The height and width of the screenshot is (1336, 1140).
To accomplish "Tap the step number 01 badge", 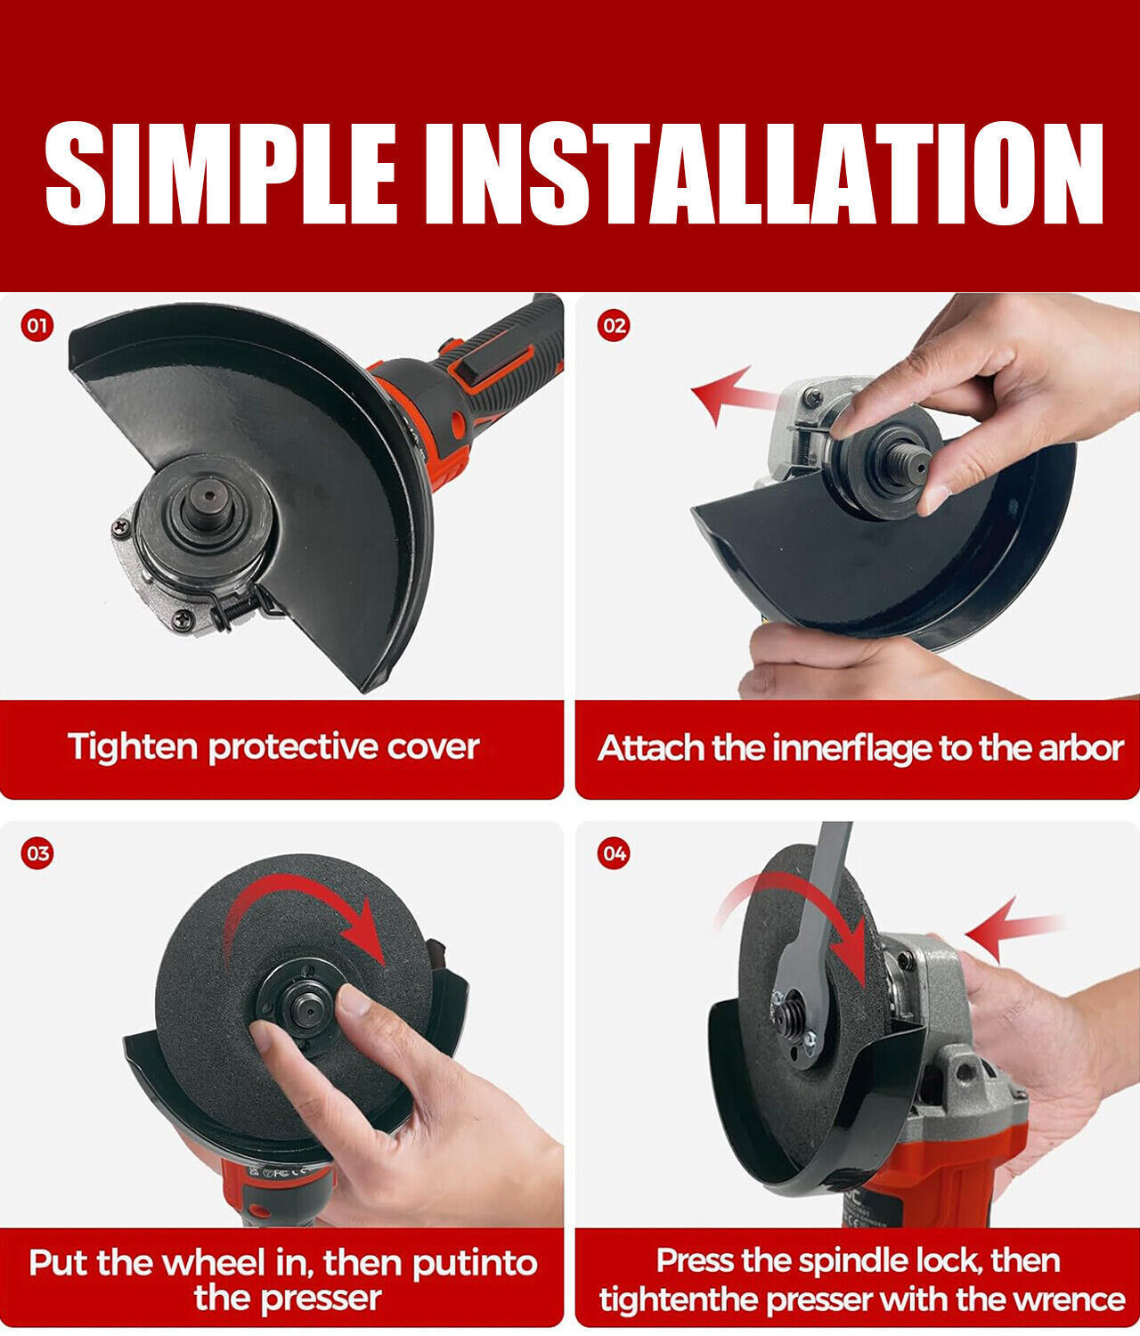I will click(37, 326).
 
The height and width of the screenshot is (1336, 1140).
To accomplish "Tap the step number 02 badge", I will click(614, 326).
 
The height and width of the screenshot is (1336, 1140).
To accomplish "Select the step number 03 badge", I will click(37, 854).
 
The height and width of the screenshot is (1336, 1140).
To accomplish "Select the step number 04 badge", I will click(614, 854).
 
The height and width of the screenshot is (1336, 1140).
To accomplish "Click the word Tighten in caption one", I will click(133, 747).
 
